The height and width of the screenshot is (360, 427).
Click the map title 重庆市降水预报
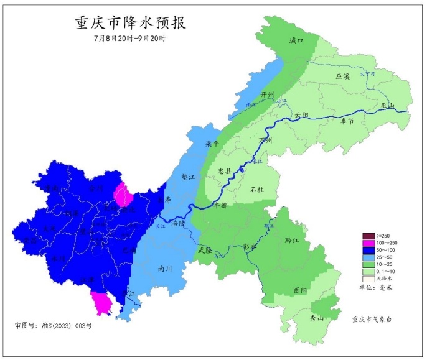(x=130, y=23)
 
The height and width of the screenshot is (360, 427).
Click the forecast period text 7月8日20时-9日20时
(x=129, y=39)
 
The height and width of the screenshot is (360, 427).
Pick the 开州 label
(x=268, y=94)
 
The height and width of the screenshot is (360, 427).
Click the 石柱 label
(x=256, y=189)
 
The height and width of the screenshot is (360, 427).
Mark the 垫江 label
(x=188, y=177)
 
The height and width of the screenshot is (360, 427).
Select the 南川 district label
(x=165, y=269)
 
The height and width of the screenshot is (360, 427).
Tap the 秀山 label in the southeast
(x=317, y=318)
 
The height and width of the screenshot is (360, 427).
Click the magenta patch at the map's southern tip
(x=101, y=303)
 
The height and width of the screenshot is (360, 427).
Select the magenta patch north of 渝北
(x=123, y=195)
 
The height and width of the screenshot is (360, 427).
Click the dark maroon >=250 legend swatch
(x=367, y=236)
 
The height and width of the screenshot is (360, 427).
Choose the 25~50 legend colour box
(x=367, y=256)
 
